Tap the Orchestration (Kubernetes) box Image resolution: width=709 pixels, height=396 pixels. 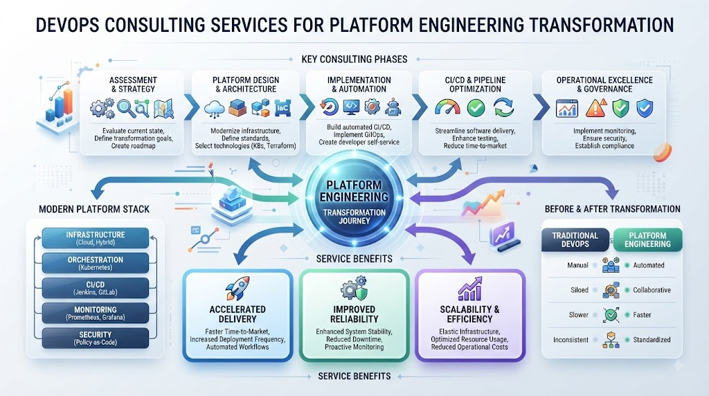(x=96, y=263)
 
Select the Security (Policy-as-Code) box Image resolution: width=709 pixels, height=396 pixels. (x=96, y=338)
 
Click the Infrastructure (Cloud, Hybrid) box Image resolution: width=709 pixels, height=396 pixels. (x=96, y=238)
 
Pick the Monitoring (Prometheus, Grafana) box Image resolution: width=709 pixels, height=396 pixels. (x=96, y=314)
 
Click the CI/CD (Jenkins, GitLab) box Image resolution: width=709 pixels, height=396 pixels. (x=96, y=288)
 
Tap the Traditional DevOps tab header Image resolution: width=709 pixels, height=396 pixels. (x=575, y=240)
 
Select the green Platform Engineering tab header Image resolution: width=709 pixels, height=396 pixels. (x=647, y=240)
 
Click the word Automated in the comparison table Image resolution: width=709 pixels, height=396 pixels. (x=648, y=265)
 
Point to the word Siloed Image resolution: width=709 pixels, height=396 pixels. (x=580, y=290)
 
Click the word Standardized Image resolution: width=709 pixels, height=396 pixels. (x=652, y=340)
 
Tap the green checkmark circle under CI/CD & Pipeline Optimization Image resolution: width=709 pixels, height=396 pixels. (x=476, y=108)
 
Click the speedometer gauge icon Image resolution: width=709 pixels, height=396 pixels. (x=447, y=108)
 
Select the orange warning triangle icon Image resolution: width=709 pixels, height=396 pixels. (x=595, y=109)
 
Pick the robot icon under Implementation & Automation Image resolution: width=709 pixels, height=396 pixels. (x=393, y=107)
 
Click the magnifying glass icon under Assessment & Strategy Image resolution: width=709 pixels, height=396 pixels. (x=125, y=109)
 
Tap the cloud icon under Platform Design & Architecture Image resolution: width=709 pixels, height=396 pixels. (x=215, y=109)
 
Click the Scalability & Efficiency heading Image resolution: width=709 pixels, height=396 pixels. (x=469, y=314)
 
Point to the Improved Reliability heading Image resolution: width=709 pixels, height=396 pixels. (x=354, y=314)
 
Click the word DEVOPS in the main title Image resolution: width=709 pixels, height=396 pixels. (x=67, y=25)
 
